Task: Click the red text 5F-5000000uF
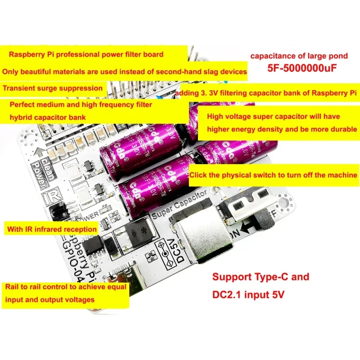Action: point(299,70)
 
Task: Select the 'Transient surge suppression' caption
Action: point(53,88)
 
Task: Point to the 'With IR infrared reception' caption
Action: point(52,229)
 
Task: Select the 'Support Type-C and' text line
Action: point(261,277)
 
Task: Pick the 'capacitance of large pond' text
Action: point(299,56)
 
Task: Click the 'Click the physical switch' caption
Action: point(274,175)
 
